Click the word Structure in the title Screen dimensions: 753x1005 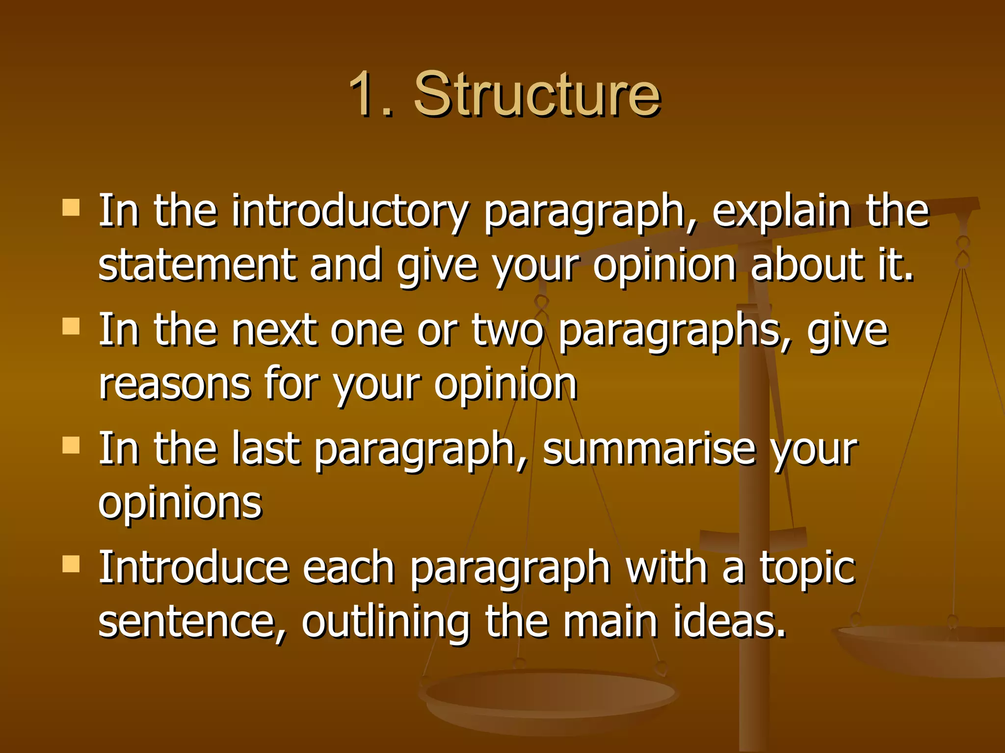pos(537,94)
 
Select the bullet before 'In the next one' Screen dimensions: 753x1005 pos(71,326)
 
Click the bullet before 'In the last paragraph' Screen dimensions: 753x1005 pos(71,445)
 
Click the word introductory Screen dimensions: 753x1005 pos(350,212)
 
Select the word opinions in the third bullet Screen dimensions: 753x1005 pos(180,504)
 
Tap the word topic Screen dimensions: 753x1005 pos(807,569)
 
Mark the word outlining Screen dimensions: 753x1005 pos(386,623)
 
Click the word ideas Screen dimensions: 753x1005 pos(728,623)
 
